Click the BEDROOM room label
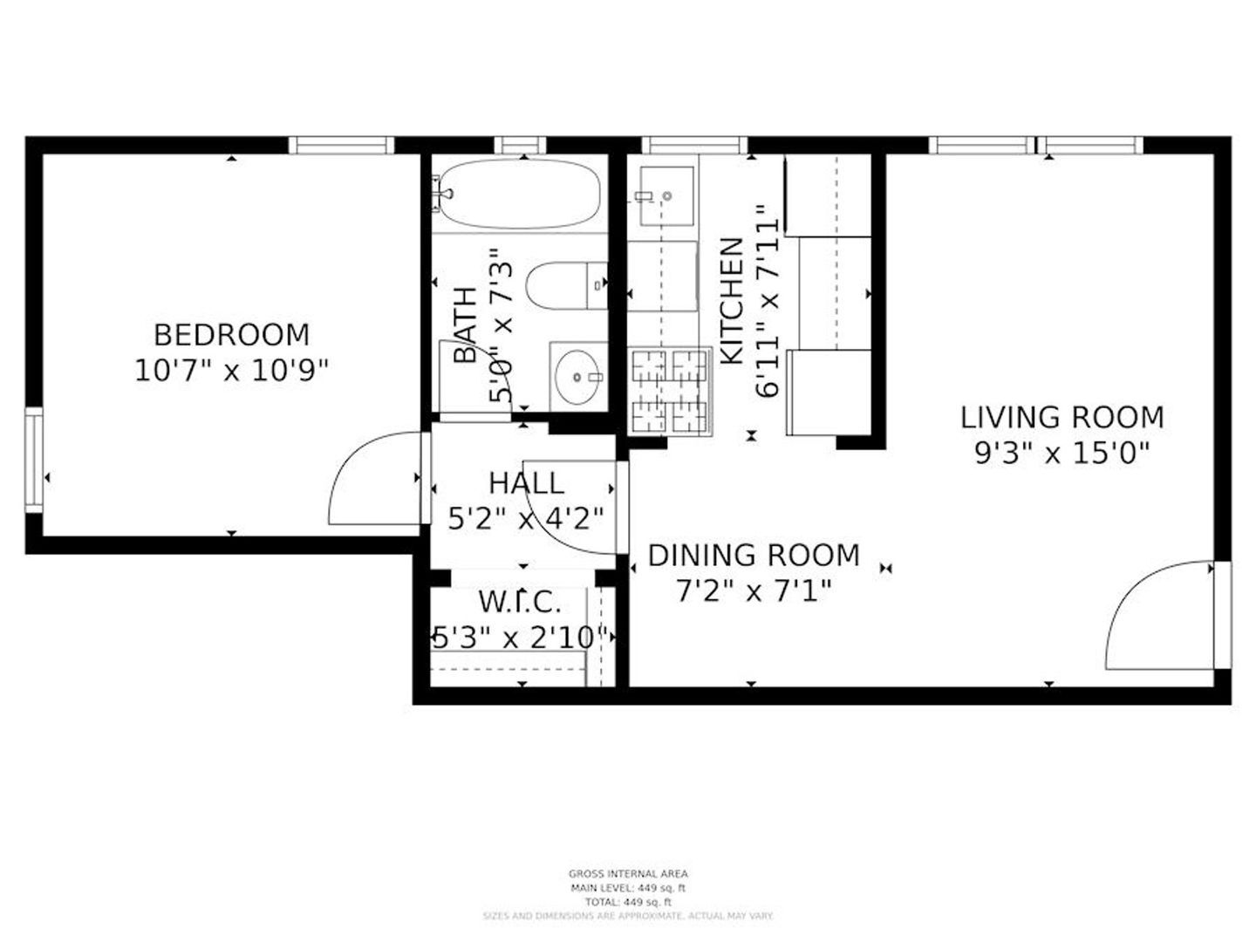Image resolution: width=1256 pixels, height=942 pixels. click(x=231, y=335)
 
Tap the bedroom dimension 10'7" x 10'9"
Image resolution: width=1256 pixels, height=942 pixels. click(x=231, y=372)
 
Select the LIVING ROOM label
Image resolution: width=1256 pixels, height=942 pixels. click(x=1061, y=418)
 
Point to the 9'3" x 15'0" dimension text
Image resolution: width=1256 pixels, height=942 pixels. click(x=1061, y=454)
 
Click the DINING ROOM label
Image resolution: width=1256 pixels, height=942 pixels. click(x=754, y=556)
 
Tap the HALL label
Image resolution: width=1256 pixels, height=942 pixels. click(x=526, y=483)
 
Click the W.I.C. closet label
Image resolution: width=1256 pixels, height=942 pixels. click(x=520, y=602)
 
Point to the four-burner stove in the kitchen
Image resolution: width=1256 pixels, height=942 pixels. click(x=670, y=392)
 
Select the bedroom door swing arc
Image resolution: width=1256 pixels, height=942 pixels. click(x=371, y=480)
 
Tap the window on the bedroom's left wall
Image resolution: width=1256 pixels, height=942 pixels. click(x=33, y=459)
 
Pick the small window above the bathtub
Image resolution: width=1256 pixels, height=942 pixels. click(x=520, y=145)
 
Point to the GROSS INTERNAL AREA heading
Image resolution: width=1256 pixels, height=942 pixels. click(x=628, y=873)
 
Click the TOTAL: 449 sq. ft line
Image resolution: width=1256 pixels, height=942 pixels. click(x=628, y=902)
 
